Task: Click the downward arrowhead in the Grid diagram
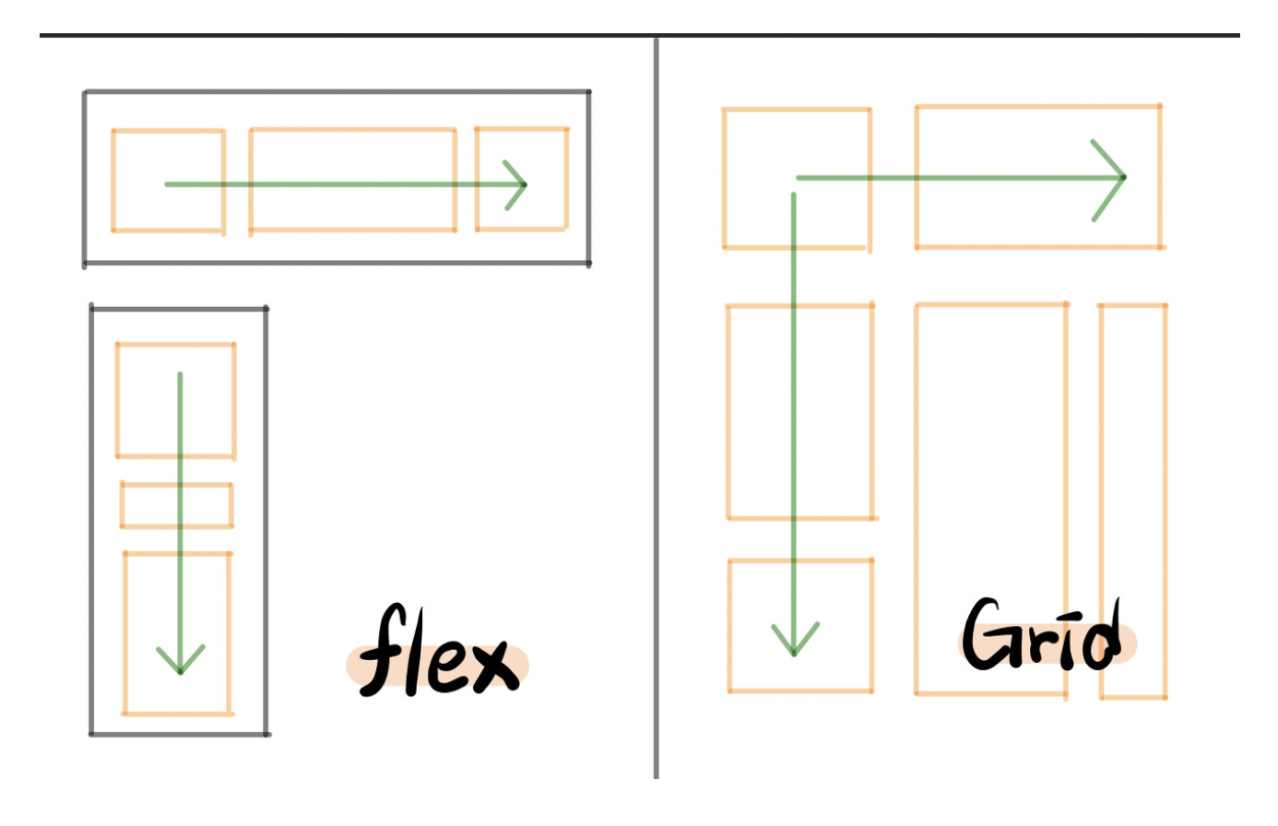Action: point(794,645)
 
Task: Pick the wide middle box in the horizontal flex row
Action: point(352,157)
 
